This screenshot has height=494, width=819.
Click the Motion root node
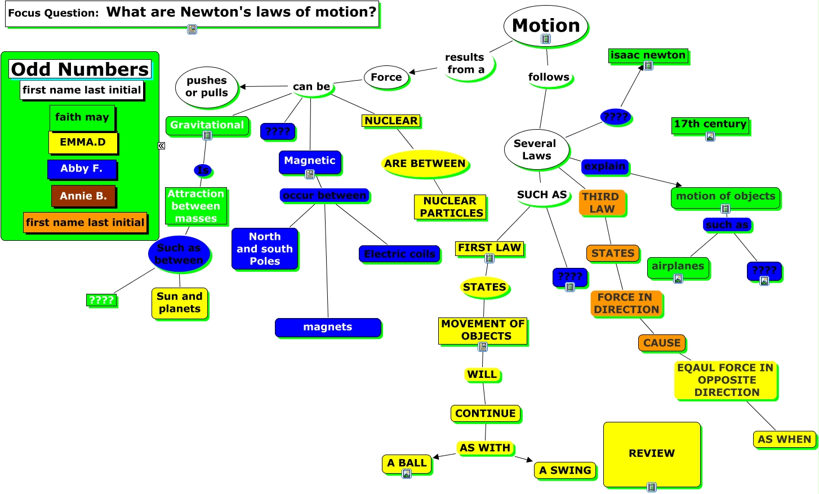[x=545, y=26]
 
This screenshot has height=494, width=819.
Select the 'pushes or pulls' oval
[x=207, y=87]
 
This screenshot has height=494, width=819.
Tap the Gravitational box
[x=207, y=125]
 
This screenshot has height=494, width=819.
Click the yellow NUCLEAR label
[x=391, y=121]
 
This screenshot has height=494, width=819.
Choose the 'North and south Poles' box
[x=265, y=249]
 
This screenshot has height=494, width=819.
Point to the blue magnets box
[x=328, y=327]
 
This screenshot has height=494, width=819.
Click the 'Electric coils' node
[x=399, y=254]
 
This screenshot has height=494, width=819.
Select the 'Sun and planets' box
[x=180, y=303]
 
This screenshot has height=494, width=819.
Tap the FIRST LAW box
[x=489, y=248]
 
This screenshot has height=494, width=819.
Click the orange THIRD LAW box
[x=602, y=203]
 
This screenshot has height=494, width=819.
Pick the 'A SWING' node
[x=565, y=470]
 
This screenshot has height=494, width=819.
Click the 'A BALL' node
[x=407, y=464]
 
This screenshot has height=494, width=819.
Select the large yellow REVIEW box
[x=652, y=453]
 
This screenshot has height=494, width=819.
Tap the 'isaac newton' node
[x=648, y=55]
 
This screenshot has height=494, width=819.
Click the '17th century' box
[x=710, y=125]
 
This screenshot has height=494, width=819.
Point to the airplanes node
[x=678, y=267]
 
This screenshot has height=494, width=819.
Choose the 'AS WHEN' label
[x=784, y=439]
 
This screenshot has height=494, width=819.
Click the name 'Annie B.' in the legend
[x=83, y=196]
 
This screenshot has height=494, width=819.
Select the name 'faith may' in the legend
[x=82, y=117]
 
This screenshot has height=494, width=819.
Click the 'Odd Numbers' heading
[x=80, y=69]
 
